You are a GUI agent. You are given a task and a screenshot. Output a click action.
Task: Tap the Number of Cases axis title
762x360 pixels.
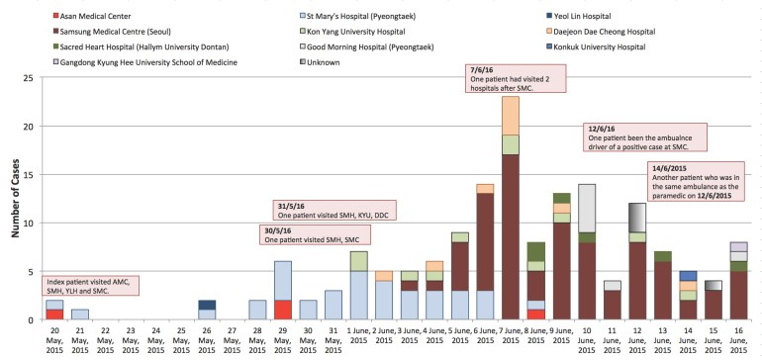13,198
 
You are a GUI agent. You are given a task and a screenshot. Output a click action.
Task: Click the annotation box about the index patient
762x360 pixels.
88,286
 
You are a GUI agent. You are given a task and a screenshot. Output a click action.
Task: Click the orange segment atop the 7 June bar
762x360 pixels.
511,115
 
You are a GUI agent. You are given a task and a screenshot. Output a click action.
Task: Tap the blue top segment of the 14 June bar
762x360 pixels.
688,276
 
